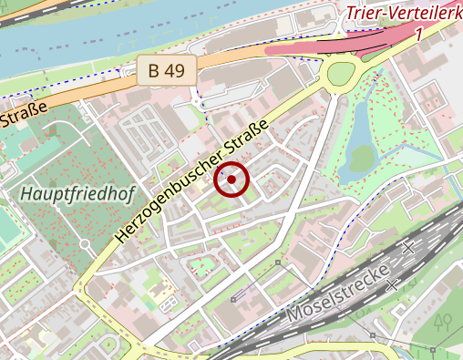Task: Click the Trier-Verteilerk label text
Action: (402, 14)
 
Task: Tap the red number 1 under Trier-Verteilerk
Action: (417, 34)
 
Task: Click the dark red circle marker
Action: (231, 180)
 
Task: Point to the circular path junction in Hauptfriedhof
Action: (85, 243)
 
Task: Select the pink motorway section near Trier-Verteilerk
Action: (310, 46)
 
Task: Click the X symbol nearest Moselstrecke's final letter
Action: (393, 285)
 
